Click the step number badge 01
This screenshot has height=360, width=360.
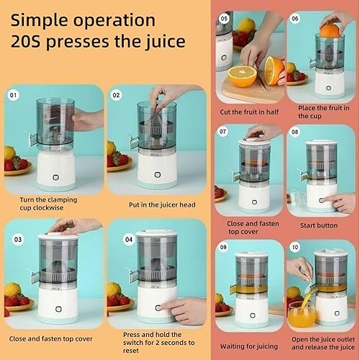point(12,94)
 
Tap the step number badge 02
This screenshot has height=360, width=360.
point(115,94)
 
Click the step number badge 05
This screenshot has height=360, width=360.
point(225,17)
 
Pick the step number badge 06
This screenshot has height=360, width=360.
point(295,17)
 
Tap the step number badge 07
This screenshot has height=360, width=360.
point(225,132)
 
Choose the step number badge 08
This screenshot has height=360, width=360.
point(295,132)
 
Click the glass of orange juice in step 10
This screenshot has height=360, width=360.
point(299,315)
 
